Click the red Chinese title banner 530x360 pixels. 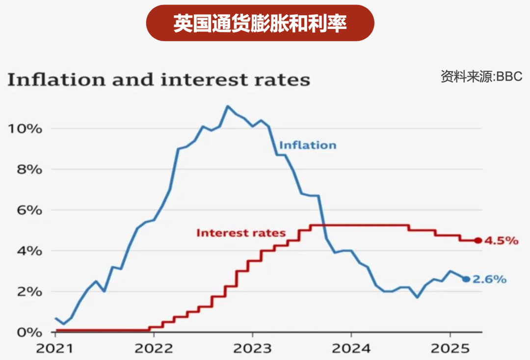click(x=260, y=23)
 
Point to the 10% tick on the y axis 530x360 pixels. click(x=24, y=129)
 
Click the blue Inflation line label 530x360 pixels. click(x=308, y=145)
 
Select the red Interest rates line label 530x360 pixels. click(x=241, y=233)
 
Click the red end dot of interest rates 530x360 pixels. click(x=478, y=241)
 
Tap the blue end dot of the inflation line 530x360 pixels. click(x=466, y=279)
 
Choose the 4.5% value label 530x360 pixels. click(x=501, y=241)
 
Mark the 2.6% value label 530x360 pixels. click(x=489, y=279)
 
